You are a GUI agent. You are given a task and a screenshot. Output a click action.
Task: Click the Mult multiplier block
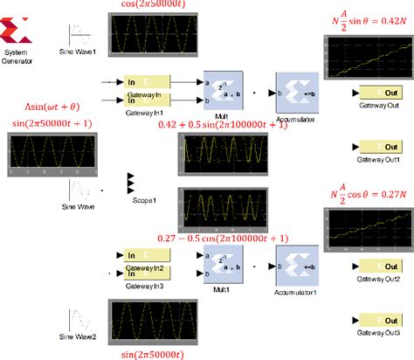[222, 90]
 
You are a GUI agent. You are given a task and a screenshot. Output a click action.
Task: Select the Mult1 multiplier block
[222, 265]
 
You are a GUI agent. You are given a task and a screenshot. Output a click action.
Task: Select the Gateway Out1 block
[377, 147]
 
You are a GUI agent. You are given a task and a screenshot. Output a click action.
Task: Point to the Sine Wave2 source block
[79, 318]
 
